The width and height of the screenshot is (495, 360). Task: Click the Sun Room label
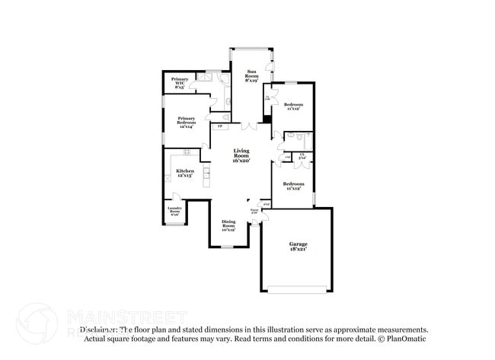pyautogui.click(x=251, y=75)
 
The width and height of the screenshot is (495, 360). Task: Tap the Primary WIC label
pyautogui.click(x=180, y=83)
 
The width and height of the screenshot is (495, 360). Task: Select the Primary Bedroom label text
pyautogui.click(x=187, y=122)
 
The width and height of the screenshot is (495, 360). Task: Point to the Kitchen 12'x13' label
pyautogui.click(x=185, y=174)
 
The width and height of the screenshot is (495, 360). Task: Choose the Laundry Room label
pyautogui.click(x=174, y=212)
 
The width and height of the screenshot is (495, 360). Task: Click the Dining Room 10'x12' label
pyautogui.click(x=228, y=225)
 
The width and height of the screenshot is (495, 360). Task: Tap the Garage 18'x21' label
pyautogui.click(x=297, y=247)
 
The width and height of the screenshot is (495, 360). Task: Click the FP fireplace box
pyautogui.click(x=220, y=126)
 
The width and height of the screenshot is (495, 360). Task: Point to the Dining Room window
pyautogui.click(x=228, y=247)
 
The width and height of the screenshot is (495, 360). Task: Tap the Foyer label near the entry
pyautogui.click(x=254, y=211)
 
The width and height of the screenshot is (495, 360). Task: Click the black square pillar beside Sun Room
pyautogui.click(x=267, y=118)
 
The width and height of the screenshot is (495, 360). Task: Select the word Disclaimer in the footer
pyautogui.click(x=98, y=330)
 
